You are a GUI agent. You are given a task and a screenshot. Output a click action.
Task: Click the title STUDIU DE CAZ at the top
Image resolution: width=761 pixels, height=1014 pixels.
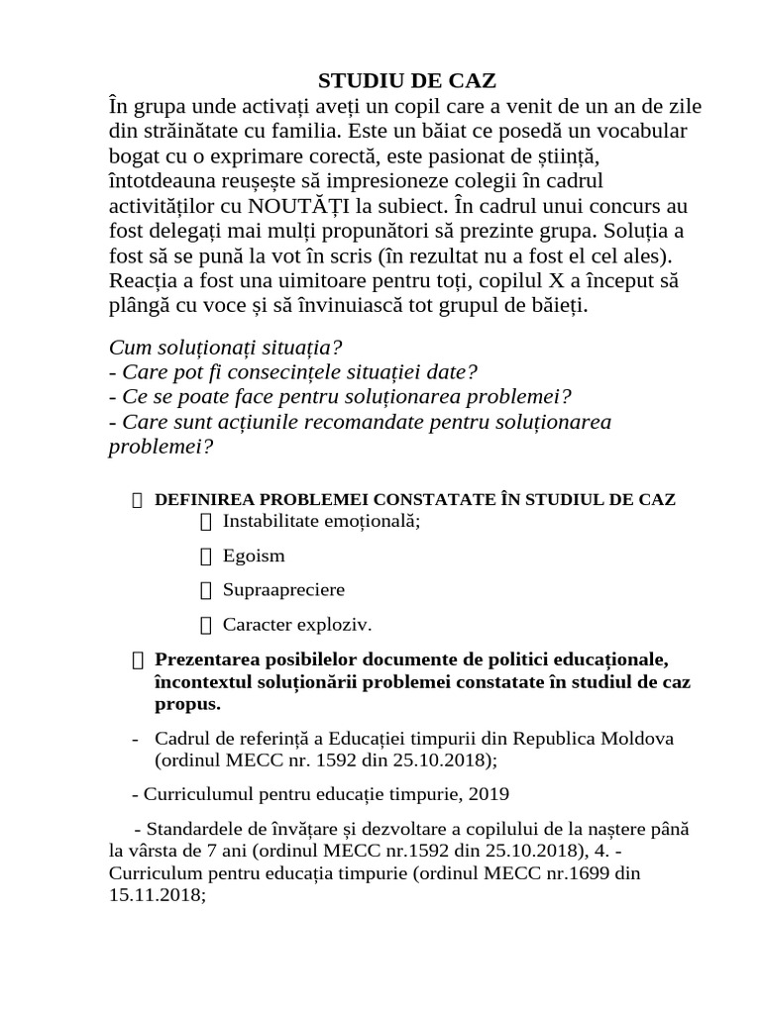point(380,80)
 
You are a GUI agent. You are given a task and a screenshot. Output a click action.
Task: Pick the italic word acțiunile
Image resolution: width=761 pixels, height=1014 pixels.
point(313,422)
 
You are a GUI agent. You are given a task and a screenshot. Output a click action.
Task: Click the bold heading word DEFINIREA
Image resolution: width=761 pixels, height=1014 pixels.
point(205,499)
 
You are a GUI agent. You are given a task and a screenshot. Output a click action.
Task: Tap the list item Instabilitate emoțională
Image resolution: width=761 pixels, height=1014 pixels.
point(321,521)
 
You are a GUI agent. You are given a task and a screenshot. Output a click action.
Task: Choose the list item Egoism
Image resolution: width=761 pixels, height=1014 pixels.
point(254,556)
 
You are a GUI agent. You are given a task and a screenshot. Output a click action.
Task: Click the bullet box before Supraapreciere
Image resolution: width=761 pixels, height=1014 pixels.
point(206,590)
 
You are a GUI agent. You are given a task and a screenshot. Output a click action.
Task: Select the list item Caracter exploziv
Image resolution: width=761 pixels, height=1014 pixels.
point(297,625)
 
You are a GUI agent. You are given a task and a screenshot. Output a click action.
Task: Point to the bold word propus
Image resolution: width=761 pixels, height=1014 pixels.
point(187,705)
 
